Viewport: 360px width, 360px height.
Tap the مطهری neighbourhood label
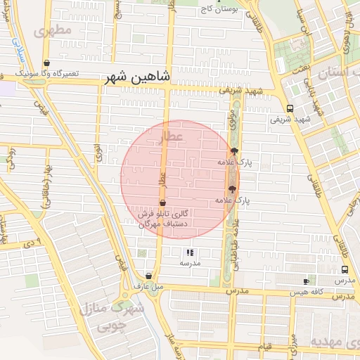point(53,32)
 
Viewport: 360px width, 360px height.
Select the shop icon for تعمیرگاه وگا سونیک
point(46,63)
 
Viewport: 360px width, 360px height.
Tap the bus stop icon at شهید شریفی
point(290,108)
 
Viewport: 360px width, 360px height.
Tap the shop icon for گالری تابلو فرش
point(162,202)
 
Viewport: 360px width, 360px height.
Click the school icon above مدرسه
point(190,252)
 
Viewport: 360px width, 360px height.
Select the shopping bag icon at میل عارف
point(148,276)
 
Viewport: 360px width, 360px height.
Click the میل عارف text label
point(148,286)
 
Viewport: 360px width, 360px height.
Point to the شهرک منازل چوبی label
point(111,317)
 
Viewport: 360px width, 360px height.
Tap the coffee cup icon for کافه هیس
point(306,281)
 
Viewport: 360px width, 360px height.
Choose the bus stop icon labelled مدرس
point(345,270)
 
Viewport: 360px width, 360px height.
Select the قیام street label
point(266,347)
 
